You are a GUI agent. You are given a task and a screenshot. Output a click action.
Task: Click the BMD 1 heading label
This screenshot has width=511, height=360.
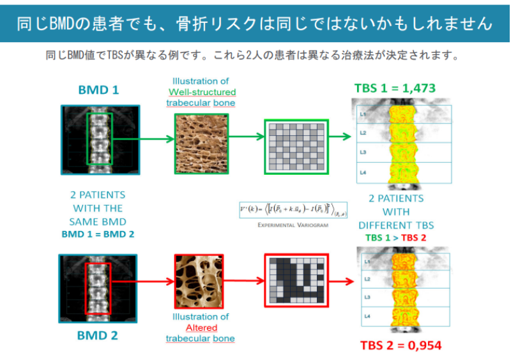[98, 89]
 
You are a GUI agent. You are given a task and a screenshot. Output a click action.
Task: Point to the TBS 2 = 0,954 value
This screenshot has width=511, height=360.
[400, 345]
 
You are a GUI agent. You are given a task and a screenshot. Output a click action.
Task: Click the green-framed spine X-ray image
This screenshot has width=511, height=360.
[98, 139]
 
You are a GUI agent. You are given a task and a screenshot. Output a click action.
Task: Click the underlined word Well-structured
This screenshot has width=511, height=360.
[197, 92]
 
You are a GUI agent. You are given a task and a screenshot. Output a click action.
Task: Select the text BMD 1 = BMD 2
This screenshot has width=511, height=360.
[98, 234]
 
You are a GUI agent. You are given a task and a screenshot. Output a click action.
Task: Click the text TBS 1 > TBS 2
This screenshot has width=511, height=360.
[395, 237]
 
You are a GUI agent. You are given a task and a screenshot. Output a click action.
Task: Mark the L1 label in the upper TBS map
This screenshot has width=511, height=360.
[362, 114]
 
